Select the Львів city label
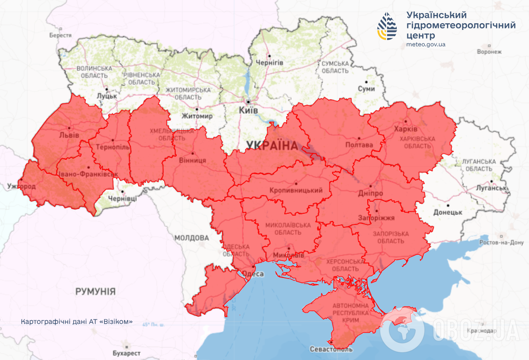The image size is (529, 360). click(x=69, y=135)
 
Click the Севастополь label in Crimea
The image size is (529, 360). click(x=331, y=349)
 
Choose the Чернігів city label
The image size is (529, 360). click(x=269, y=63)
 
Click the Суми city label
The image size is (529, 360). click(x=366, y=89)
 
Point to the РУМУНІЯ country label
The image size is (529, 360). click(x=95, y=291)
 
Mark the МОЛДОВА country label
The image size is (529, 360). click(x=192, y=238)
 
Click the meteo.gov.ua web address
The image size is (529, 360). click(x=426, y=44)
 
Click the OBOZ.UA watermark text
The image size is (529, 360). click(x=475, y=330)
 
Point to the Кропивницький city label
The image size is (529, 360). click(x=295, y=190)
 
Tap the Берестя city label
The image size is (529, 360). click(x=60, y=35)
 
